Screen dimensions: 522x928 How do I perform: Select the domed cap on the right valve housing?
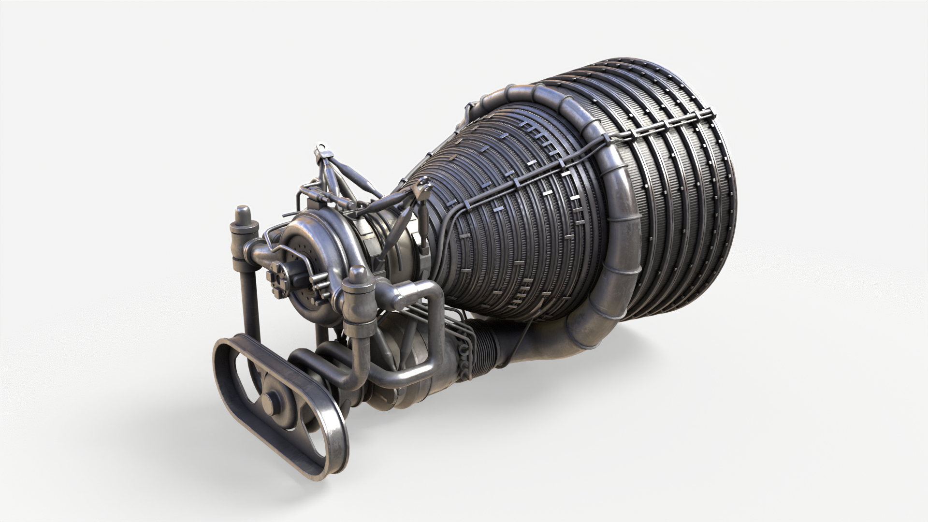358,275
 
